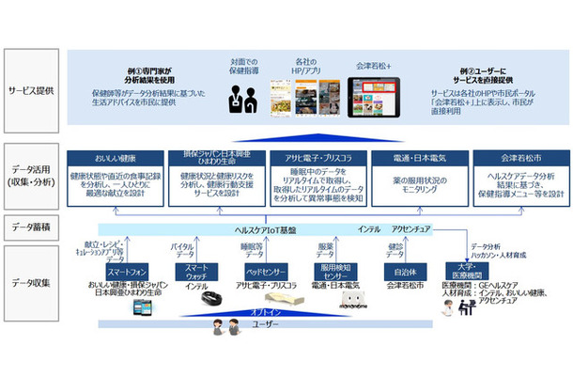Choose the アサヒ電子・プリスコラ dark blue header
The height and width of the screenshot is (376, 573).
pos(318,158)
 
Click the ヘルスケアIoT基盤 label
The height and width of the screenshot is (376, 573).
pos(272,230)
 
